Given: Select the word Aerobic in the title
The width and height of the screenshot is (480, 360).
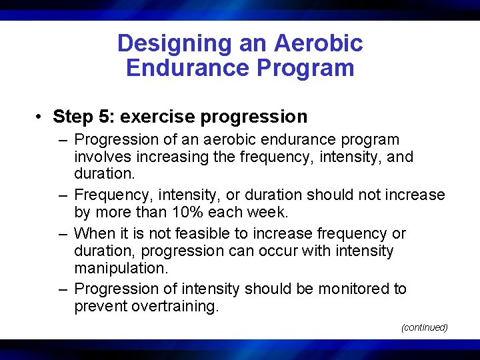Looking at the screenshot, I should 321,43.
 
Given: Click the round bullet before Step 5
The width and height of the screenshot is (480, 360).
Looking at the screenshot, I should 41,117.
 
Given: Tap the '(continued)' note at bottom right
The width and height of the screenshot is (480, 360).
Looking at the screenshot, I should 424,327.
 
